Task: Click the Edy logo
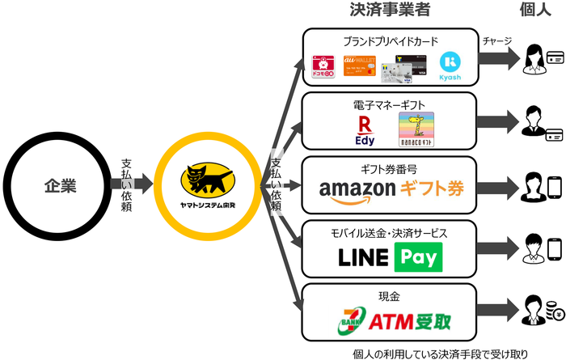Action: click(365, 129)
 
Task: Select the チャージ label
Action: click(496, 41)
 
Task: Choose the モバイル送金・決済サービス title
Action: click(389, 233)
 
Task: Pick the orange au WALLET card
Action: click(361, 66)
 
